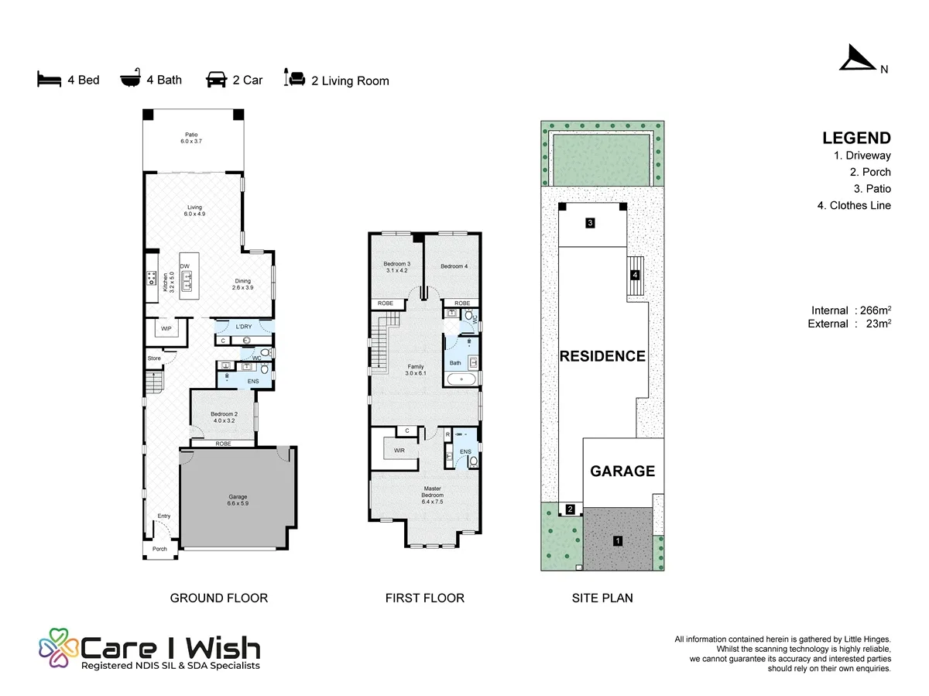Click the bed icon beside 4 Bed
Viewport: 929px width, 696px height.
tap(49, 79)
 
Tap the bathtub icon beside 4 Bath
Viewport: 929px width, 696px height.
tap(130, 77)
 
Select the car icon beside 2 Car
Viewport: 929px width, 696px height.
tap(216, 79)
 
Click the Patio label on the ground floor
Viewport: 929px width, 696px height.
tap(191, 138)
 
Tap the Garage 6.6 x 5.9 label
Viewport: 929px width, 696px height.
tap(238, 500)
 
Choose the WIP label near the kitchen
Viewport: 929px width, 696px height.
tap(166, 329)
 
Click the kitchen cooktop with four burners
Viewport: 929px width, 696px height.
tap(152, 278)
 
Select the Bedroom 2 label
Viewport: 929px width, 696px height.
tap(224, 417)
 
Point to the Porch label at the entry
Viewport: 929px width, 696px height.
tap(159, 549)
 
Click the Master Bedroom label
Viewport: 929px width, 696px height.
tap(432, 495)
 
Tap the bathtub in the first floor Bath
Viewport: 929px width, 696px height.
tap(461, 379)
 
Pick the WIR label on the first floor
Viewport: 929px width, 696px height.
tap(399, 450)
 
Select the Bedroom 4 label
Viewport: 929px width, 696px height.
tap(454, 266)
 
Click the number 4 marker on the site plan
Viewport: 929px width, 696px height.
tap(635, 275)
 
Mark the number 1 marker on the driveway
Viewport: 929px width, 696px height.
tap(618, 540)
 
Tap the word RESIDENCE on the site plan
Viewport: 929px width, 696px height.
tap(602, 356)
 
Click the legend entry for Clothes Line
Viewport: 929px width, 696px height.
tap(854, 206)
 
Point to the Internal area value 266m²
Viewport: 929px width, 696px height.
tap(876, 310)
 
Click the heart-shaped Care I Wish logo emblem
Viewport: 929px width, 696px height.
tap(58, 648)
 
